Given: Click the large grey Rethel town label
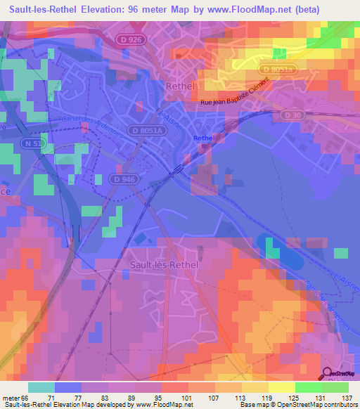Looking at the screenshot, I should coord(179,86).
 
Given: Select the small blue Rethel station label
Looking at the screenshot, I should coord(202,138).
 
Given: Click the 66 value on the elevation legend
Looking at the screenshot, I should coord(26,398).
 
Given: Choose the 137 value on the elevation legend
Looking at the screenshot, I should coord(347,398).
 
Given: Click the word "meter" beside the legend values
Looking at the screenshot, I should coord(11,398).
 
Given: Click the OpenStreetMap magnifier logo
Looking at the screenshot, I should coord(328,375).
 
